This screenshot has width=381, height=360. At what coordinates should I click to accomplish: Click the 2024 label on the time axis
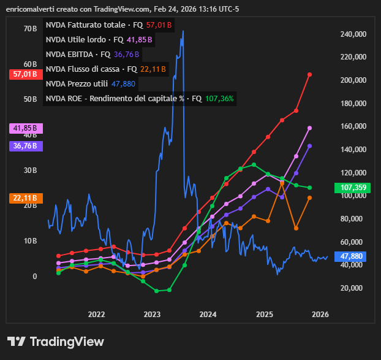tap(208, 315)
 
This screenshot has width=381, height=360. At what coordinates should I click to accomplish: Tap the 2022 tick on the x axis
tap(96, 315)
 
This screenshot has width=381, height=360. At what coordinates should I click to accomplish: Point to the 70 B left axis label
tap(30, 29)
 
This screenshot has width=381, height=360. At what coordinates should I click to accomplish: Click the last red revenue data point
tap(310, 74)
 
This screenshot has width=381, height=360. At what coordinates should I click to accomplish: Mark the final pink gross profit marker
tap(310, 128)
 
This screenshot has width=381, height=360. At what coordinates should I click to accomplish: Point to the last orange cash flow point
tap(310, 197)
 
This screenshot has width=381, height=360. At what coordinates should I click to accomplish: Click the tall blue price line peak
tap(183, 31)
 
